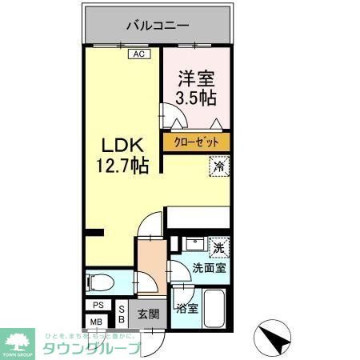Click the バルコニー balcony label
tap(157, 25)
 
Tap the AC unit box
tap(138, 54)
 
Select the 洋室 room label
tap(196, 78)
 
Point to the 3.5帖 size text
tap(196, 98)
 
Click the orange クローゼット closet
tap(196, 142)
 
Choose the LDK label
tap(122, 146)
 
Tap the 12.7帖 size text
tap(122, 166)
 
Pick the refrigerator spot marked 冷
tap(219, 166)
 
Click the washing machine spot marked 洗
tap(218, 246)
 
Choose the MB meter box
tap(97, 322)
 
